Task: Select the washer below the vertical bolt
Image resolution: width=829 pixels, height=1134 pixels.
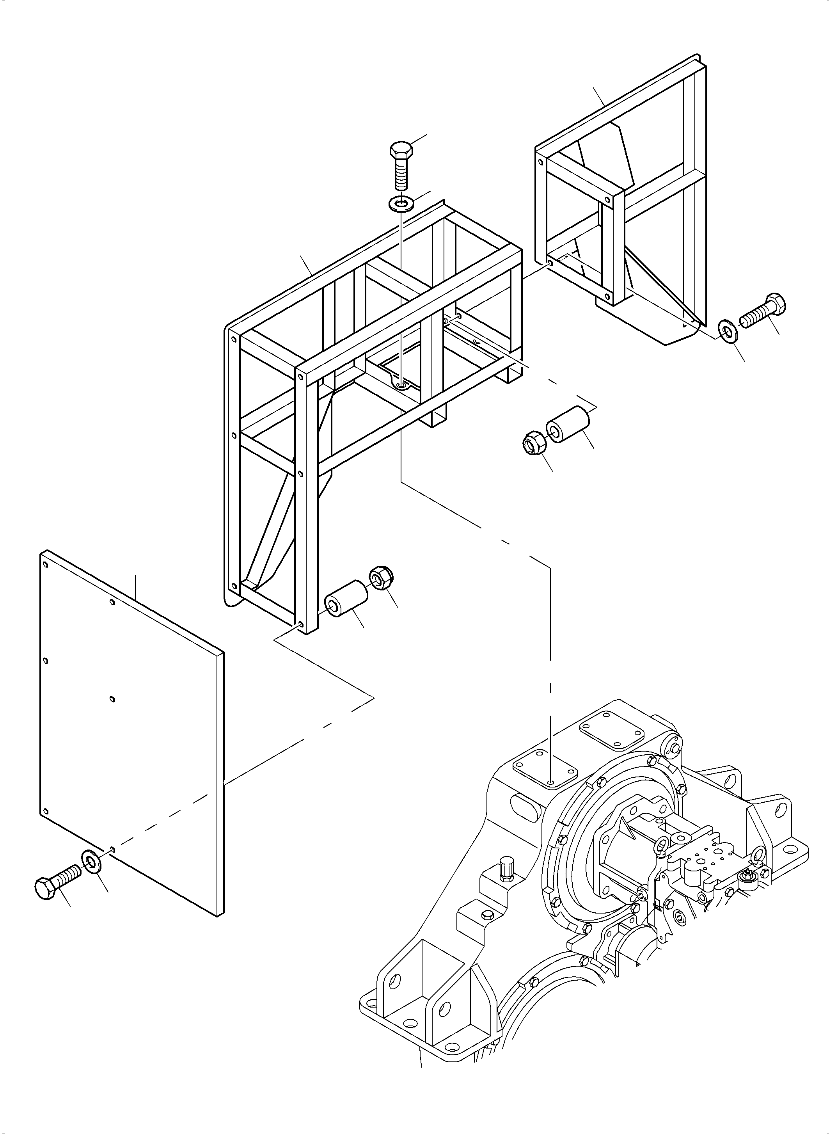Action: [400, 204]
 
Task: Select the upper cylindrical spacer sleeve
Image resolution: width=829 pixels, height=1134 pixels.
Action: [568, 425]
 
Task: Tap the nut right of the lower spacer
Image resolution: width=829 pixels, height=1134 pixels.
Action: [382, 578]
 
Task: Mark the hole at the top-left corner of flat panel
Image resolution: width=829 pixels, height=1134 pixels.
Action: [46, 565]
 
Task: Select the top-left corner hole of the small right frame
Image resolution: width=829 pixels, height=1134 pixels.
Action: [540, 162]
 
